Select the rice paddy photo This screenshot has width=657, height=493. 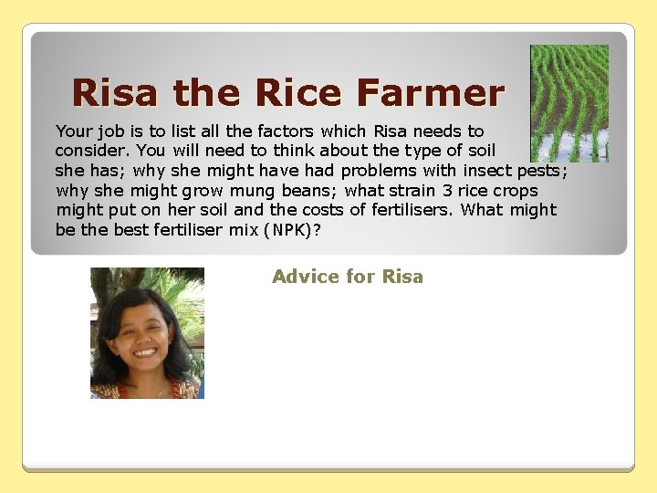click(569, 103)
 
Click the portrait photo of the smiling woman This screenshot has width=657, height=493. click(147, 333)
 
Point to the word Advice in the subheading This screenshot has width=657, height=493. click(303, 277)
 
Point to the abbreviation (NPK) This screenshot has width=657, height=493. click(291, 229)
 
